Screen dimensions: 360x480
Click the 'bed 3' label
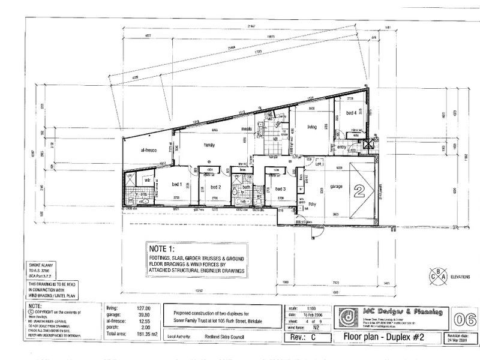[279, 188]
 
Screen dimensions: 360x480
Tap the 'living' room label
[312, 127]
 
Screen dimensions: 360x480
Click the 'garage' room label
[336, 186]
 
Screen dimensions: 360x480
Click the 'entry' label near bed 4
[342, 146]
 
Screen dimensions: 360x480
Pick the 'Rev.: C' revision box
[308, 336]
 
